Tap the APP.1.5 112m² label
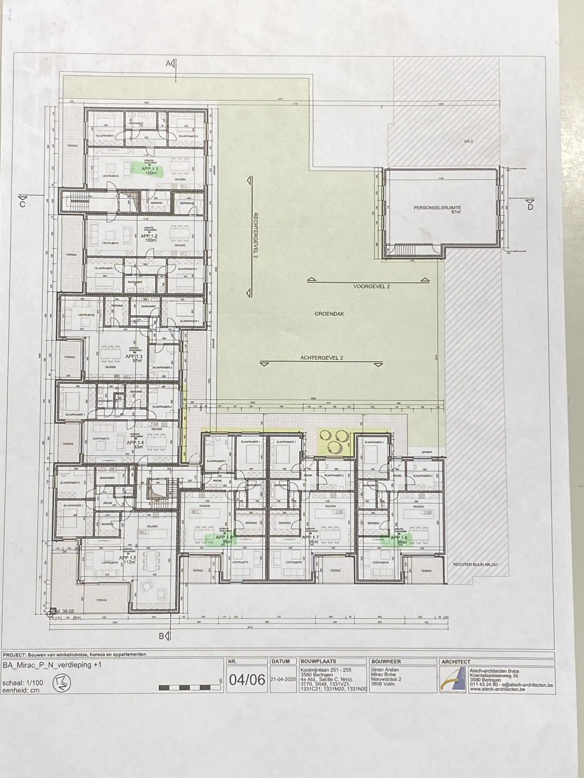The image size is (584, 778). click(127, 560)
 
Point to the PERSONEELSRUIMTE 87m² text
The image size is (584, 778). click(437, 210)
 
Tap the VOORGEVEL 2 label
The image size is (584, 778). click(371, 287)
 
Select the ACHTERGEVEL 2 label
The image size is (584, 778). click(321, 358)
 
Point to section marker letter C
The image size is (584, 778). click(23, 204)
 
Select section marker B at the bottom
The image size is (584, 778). click(162, 636)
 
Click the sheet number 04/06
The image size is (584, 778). click(247, 680)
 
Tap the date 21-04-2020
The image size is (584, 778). click(283, 679)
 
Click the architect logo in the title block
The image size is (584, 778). click(453, 680)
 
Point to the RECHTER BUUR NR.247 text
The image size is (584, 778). click(475, 565)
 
